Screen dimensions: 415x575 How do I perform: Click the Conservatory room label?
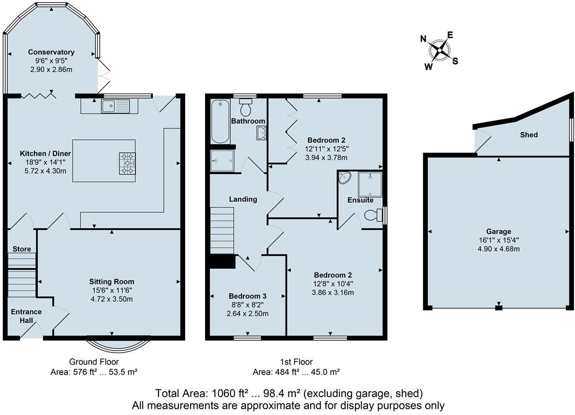coord(51,52)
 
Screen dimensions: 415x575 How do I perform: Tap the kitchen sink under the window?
coord(115,105)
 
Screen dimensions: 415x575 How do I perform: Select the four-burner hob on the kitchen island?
coord(128,163)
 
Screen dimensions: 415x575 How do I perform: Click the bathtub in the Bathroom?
coord(220,121)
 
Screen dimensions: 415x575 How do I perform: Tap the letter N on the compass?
coord(423,39)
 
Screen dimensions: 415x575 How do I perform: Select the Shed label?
coord(528,135)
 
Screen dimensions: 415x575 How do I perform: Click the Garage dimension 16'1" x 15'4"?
coord(499,240)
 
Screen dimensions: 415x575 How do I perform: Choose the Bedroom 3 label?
coord(248,296)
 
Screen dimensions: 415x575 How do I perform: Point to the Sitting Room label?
coord(112,281)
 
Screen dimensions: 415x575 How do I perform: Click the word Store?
coord(22,249)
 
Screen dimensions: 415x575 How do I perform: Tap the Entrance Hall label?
coord(26,316)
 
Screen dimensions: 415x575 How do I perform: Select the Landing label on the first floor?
coord(243,199)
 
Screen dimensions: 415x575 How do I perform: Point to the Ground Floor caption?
coord(94,362)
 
